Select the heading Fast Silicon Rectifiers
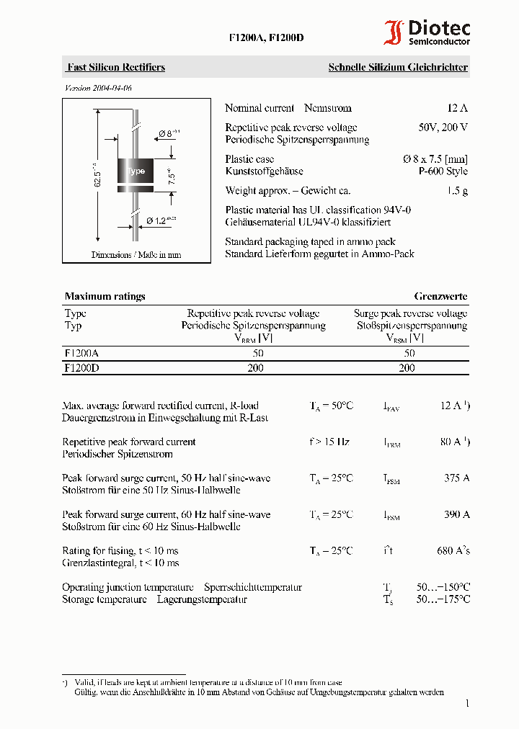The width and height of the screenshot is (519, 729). point(116,67)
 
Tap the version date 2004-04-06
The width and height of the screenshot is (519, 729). point(99,88)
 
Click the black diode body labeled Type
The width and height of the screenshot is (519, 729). point(136,171)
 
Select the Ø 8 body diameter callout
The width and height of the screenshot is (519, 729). point(168,133)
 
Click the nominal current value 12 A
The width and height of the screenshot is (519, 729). point(457,108)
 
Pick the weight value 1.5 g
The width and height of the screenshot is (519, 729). point(457,190)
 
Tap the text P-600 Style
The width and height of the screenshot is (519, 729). point(443,171)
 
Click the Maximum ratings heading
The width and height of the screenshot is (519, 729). point(105,296)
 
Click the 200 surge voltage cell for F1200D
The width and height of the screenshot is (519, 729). point(407,367)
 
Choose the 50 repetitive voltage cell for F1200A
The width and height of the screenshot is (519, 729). point(258,353)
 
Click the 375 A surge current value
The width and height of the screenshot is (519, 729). point(457,478)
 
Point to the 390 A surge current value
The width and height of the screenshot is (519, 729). point(457,514)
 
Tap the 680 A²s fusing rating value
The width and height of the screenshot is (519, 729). point(453,550)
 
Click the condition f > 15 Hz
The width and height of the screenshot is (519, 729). point(330,442)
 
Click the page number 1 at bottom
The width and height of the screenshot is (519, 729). point(467,703)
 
